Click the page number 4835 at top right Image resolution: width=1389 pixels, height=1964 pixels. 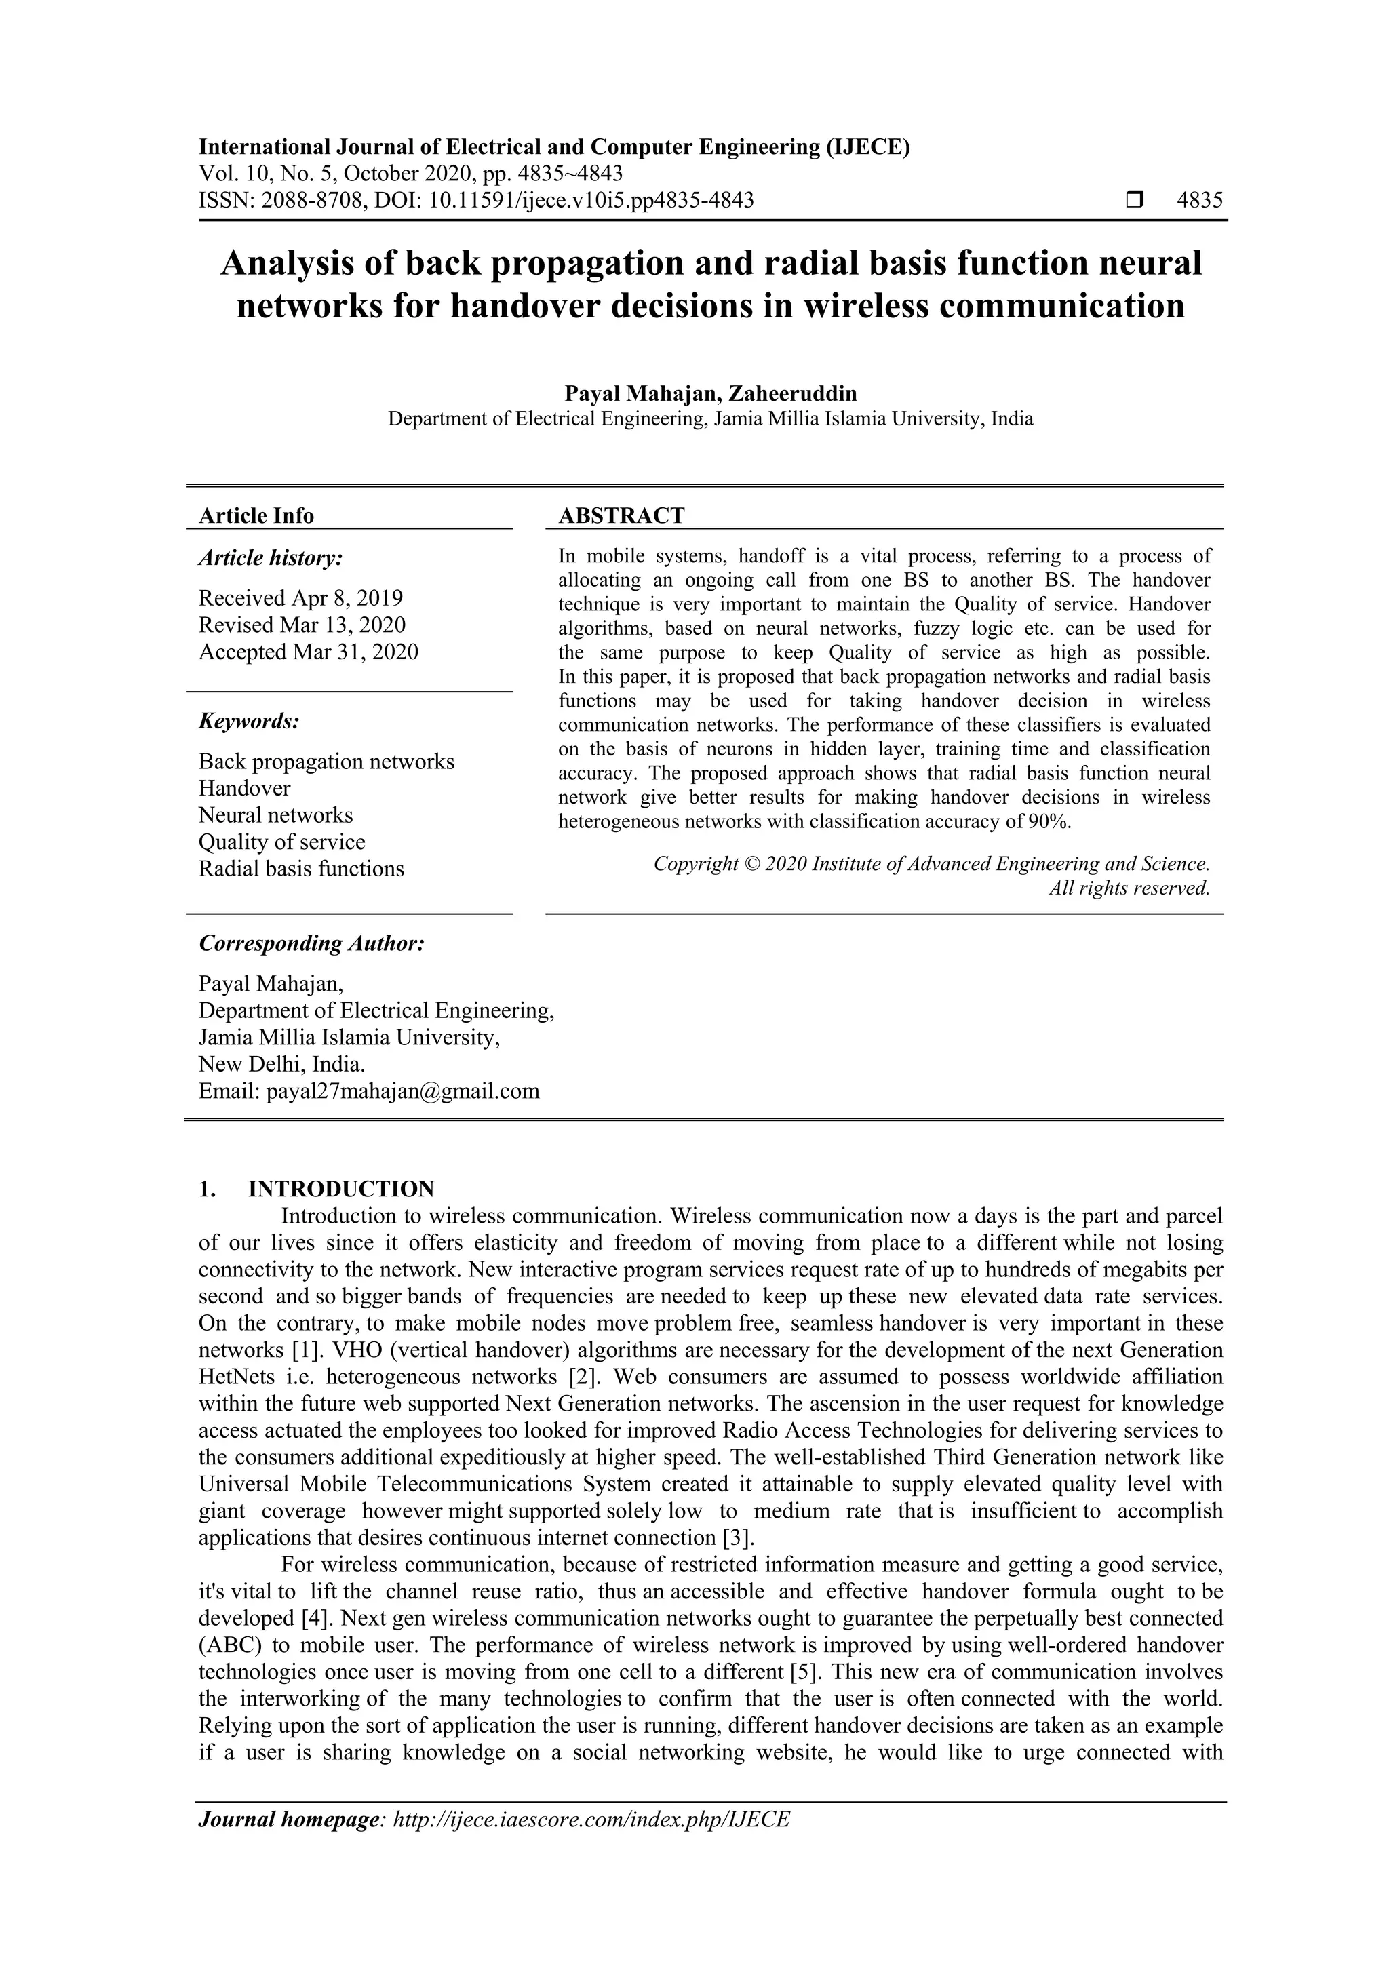[x=1199, y=201]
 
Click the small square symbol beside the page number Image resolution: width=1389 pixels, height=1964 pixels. [x=1134, y=201]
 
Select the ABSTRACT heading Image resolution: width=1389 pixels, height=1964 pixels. [x=621, y=516]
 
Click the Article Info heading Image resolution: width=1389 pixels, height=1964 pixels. [x=256, y=516]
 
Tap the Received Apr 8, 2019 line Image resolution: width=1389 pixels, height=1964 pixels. [x=300, y=598]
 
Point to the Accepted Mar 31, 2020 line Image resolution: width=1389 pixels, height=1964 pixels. [x=308, y=652]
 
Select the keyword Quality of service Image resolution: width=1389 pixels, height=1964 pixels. [x=281, y=842]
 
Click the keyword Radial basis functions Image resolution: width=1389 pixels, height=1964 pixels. [x=301, y=869]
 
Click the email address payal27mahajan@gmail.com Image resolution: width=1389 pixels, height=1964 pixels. [x=403, y=1091]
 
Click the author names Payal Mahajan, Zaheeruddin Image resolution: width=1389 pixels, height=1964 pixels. [x=710, y=393]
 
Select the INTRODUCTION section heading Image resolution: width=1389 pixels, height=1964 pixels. [x=340, y=1189]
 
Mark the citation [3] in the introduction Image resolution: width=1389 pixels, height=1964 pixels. [x=738, y=1538]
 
